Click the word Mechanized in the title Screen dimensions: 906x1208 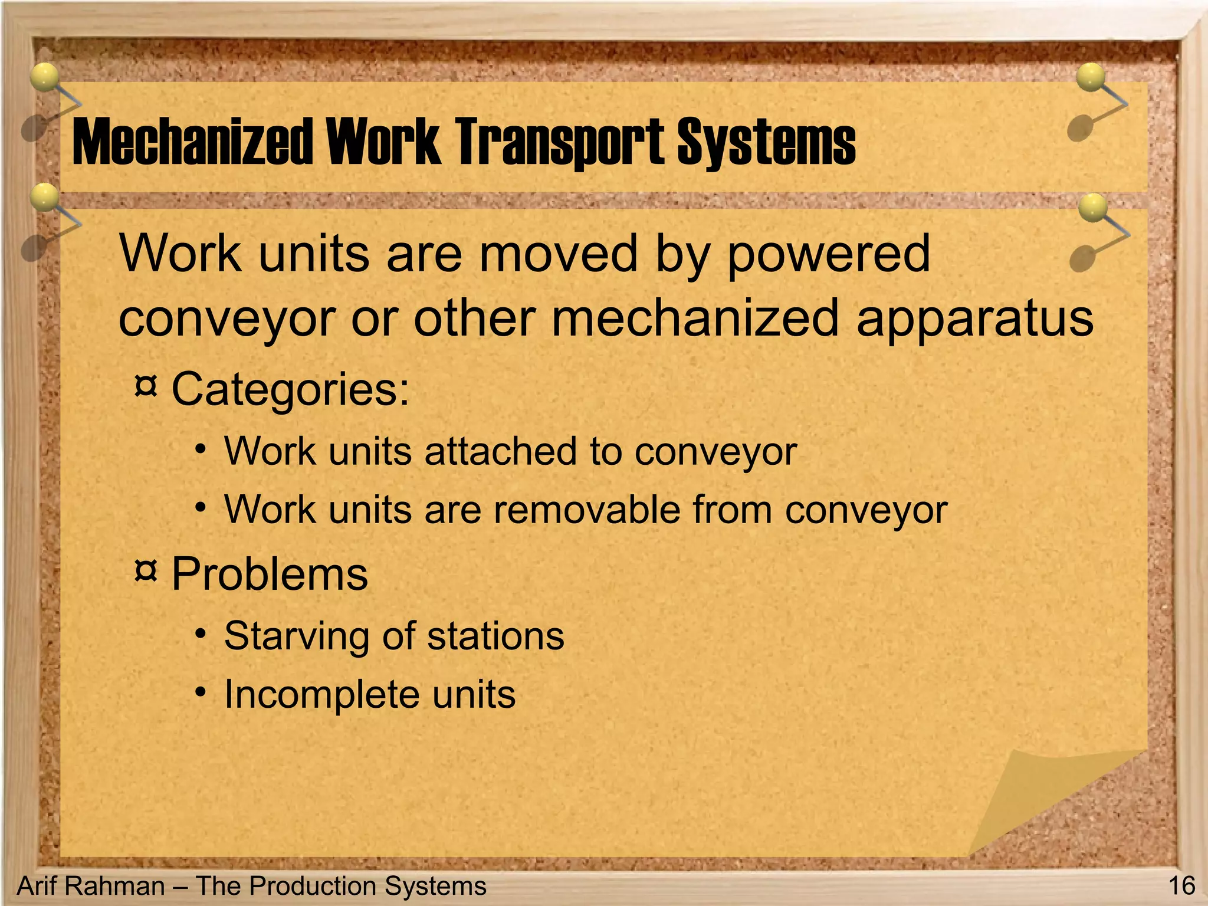coord(192,142)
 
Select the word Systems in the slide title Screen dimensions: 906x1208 coord(766,142)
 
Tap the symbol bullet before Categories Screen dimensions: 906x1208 coord(146,387)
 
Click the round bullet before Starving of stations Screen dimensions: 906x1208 coord(202,634)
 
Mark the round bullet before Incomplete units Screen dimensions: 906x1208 coord(202,691)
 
